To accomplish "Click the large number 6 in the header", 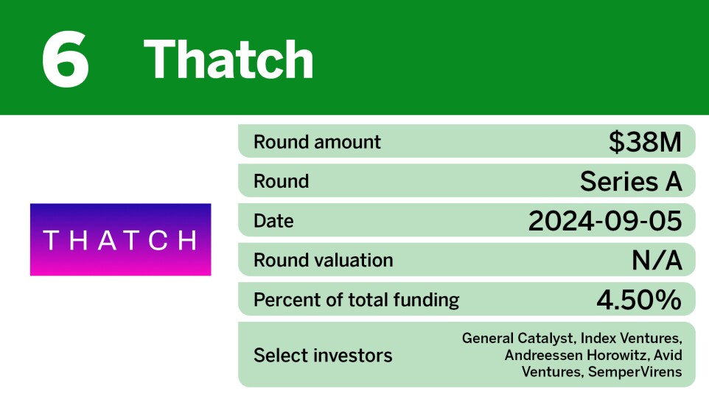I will click(66, 59).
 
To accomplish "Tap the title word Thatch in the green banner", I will click(228, 59).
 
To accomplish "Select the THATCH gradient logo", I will click(120, 239).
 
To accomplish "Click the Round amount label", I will click(317, 141).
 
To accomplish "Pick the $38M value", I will click(645, 141).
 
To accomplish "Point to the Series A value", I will click(631, 181).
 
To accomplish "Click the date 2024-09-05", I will click(605, 221).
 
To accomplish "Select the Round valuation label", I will click(323, 260).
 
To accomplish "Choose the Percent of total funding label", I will click(356, 300).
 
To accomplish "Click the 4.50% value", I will click(639, 300).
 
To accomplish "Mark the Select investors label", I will click(323, 356).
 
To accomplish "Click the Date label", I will click(273, 221).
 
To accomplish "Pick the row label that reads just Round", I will click(281, 181).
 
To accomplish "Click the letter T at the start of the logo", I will click(50, 240).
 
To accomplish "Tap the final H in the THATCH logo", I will click(188, 240).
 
